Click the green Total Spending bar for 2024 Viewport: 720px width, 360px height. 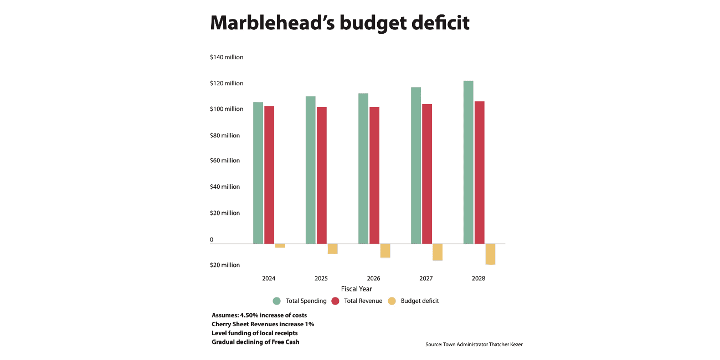pos(258,173)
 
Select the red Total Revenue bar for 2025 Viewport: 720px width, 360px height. pos(321,175)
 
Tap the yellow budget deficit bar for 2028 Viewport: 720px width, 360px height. pos(490,254)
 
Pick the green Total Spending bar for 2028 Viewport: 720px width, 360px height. pos(469,162)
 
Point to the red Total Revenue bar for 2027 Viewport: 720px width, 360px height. pos(426,174)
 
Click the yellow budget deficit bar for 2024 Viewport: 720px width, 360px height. pos(280,245)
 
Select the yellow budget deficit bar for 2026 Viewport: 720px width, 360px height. pos(385,250)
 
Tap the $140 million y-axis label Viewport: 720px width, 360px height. pos(227,57)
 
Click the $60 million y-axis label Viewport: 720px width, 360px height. pos(225,161)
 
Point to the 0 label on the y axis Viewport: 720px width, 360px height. pos(212,240)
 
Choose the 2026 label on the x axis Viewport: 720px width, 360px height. pos(373,278)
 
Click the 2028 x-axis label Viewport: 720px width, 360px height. pos(479,278)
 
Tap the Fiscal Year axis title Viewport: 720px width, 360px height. pos(357,289)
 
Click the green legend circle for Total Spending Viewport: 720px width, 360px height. pos(277,301)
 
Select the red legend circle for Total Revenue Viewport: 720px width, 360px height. pos(335,301)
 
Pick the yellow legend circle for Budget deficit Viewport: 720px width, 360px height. pos(392,301)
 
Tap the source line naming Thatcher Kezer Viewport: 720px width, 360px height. pos(474,344)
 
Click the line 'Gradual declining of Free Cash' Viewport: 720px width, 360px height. pos(255,342)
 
